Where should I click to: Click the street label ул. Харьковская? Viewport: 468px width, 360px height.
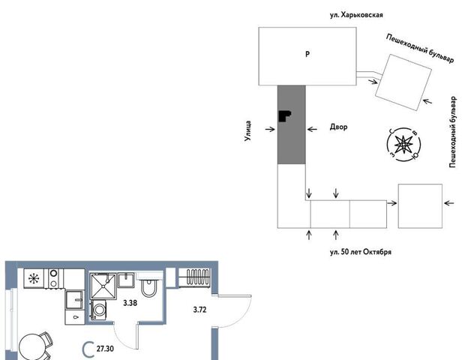pos(356,15)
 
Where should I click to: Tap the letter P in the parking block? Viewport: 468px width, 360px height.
pos(307,54)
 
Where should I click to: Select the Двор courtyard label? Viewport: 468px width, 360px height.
pos(338,127)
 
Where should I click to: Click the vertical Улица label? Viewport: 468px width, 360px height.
pos(247,130)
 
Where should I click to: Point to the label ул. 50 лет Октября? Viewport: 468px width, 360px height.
pos(361,252)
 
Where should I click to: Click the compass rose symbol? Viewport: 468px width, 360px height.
pos(403,145)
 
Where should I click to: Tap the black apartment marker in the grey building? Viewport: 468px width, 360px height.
pos(284,115)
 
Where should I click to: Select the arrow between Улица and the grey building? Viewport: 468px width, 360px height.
pos(270,129)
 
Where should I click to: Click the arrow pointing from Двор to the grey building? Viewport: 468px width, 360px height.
pos(312,129)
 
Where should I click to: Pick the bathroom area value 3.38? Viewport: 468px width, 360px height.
pos(130,303)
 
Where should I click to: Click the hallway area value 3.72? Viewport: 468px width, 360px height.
pos(199,310)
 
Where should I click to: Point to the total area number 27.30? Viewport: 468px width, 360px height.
pos(105,348)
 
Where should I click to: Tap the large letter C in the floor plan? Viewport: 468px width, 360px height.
pos(88,349)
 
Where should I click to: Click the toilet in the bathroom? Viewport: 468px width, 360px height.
pos(148,285)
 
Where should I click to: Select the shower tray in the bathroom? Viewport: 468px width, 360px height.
pos(103,286)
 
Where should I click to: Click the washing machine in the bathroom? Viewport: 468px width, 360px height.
pos(98,310)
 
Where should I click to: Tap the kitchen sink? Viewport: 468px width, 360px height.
pos(74,300)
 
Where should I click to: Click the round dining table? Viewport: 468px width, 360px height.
pos(32,347)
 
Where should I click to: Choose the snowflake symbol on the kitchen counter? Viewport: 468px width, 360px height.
pos(34,279)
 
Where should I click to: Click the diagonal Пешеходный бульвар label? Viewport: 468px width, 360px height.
pos(420,48)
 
